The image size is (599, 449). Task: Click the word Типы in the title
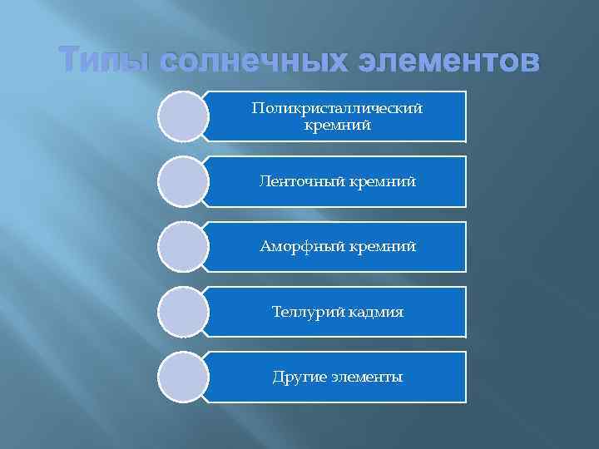(103, 62)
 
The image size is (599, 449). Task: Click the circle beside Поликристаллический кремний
(182, 116)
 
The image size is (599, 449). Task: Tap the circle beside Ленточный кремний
(182, 181)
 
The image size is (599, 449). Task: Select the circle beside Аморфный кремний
(182, 246)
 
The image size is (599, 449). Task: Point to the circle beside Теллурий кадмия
(182, 312)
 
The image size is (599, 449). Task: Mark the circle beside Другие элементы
(182, 377)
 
